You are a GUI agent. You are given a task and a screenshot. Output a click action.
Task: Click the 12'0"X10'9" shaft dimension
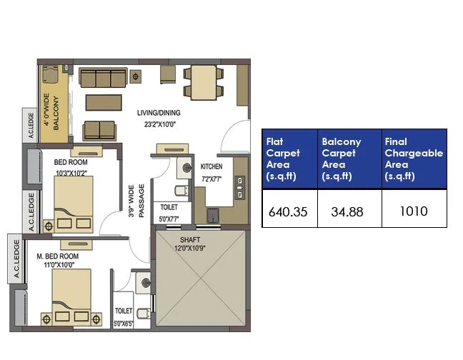[x=189, y=249]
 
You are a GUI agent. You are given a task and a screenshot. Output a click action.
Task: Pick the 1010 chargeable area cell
[x=414, y=211]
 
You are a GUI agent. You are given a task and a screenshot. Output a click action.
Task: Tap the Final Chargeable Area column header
[x=414, y=159]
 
